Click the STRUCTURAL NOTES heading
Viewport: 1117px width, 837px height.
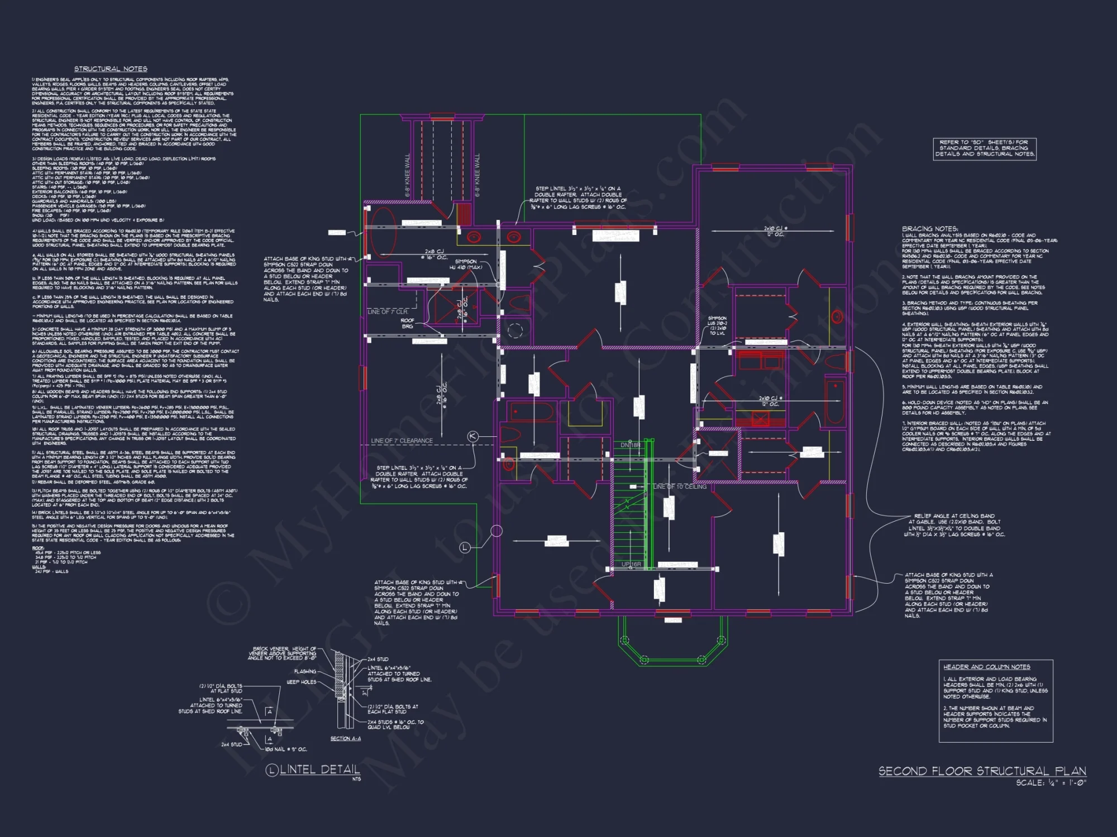(x=111, y=69)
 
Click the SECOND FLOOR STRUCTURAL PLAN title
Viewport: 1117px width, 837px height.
(x=982, y=771)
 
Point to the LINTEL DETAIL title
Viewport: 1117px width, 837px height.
(x=319, y=769)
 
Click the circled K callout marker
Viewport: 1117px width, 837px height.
(x=472, y=436)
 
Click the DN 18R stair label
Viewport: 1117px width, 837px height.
(x=631, y=445)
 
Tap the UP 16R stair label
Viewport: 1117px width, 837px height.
(x=631, y=564)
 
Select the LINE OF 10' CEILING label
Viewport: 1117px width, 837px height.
(x=680, y=487)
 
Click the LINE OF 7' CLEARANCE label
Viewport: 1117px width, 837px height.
(x=402, y=440)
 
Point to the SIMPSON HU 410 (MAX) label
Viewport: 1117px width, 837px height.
(x=466, y=264)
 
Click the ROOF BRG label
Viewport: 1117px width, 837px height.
(x=407, y=323)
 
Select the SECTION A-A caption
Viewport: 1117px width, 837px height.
(x=345, y=738)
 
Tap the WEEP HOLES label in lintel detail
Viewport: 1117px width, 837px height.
(x=302, y=682)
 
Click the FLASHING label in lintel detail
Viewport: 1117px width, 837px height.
(x=305, y=671)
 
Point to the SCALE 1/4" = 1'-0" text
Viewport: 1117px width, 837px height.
(x=1050, y=783)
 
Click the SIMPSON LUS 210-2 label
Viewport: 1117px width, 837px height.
(x=718, y=326)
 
